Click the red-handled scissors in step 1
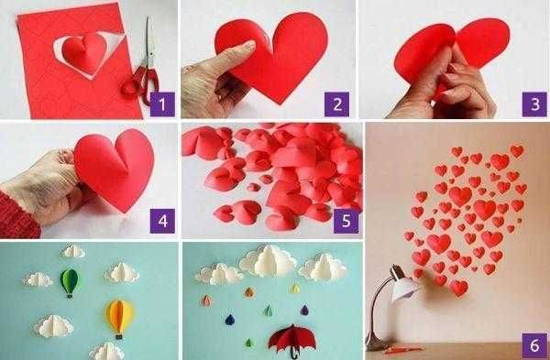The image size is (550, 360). pos(140,70)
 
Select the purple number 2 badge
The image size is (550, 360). pos(338,104)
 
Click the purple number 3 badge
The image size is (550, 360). pos(529,104)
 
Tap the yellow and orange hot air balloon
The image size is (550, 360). pos(118,316)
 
